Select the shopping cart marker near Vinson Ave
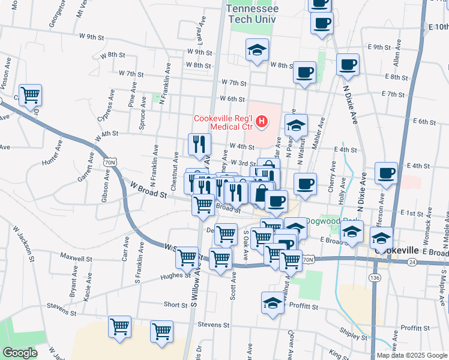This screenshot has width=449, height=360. [x=30, y=95]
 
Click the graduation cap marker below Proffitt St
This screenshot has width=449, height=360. [x=273, y=302]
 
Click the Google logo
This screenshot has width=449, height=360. [x=20, y=353]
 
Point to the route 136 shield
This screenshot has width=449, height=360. [x=375, y=278]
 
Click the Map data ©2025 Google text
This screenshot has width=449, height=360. [x=412, y=355]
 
